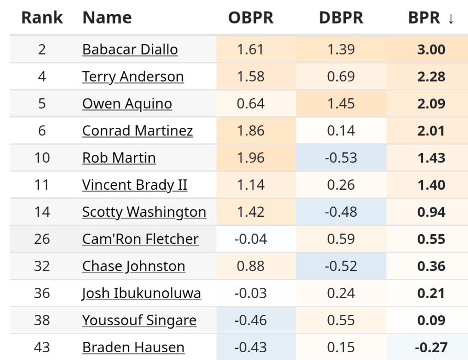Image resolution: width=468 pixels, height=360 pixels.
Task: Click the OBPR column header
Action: (x=251, y=18)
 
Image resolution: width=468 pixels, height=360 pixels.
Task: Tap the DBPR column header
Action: (x=341, y=18)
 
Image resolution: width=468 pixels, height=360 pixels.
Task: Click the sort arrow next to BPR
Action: (x=450, y=18)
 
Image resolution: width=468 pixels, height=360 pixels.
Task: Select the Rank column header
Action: (x=42, y=18)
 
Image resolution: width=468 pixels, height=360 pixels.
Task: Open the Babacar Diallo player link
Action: (x=130, y=49)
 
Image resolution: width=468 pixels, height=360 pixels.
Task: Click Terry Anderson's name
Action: (x=133, y=77)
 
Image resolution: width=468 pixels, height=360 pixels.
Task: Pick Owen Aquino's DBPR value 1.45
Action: (x=341, y=104)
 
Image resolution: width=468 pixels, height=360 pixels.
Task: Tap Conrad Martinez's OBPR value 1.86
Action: (x=251, y=131)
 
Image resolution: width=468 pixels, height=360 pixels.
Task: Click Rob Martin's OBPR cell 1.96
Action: (x=251, y=158)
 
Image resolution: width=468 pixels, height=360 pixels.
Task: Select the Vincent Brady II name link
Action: (x=135, y=185)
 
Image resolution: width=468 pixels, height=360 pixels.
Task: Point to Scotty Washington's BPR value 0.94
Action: (x=431, y=212)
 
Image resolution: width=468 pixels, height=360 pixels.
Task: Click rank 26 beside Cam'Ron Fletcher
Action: (x=42, y=239)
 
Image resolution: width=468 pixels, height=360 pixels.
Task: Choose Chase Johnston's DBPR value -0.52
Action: (x=341, y=266)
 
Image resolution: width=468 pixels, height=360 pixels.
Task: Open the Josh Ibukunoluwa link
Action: (x=142, y=293)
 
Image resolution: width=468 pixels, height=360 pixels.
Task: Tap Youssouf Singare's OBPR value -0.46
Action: (x=251, y=320)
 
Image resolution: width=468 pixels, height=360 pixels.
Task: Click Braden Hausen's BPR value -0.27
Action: (x=431, y=348)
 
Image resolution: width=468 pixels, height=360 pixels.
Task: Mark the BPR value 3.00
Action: (x=431, y=49)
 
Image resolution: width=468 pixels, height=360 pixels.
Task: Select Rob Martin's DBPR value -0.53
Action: (x=341, y=158)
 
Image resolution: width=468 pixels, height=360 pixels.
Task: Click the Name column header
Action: (x=107, y=18)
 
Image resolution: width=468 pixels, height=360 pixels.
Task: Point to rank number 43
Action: (x=42, y=348)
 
